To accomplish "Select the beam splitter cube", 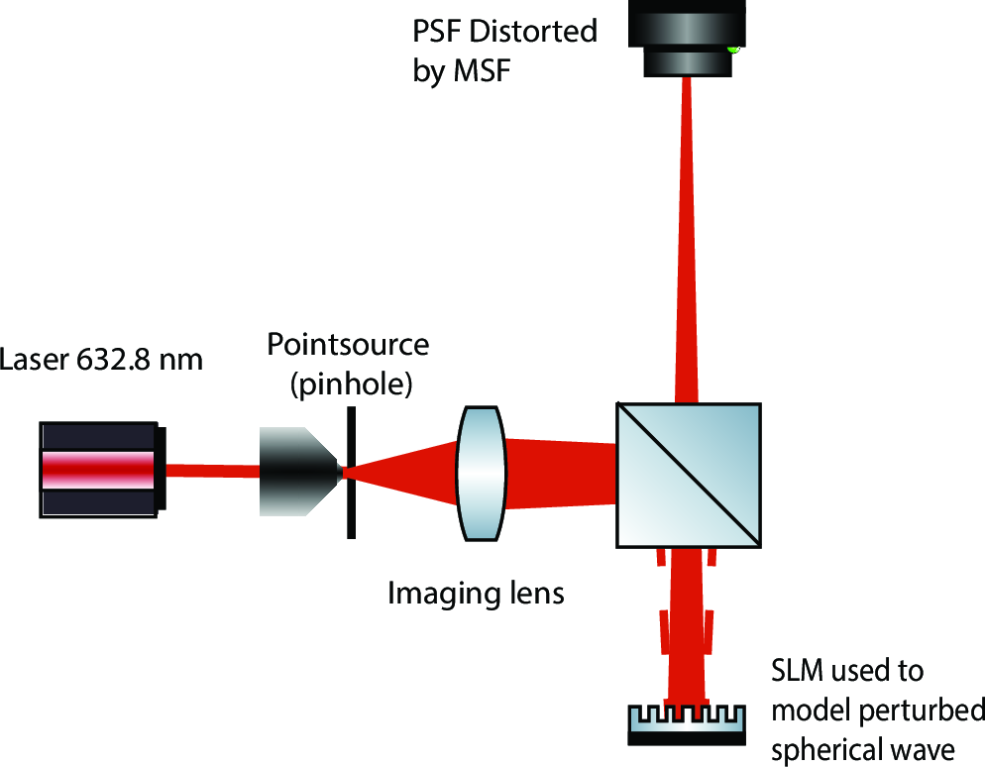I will [x=689, y=474].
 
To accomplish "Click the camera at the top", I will [x=685, y=38].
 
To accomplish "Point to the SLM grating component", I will [x=685, y=722].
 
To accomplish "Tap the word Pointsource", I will [x=348, y=345].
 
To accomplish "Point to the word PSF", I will [x=437, y=31].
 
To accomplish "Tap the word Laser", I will [x=36, y=358].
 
